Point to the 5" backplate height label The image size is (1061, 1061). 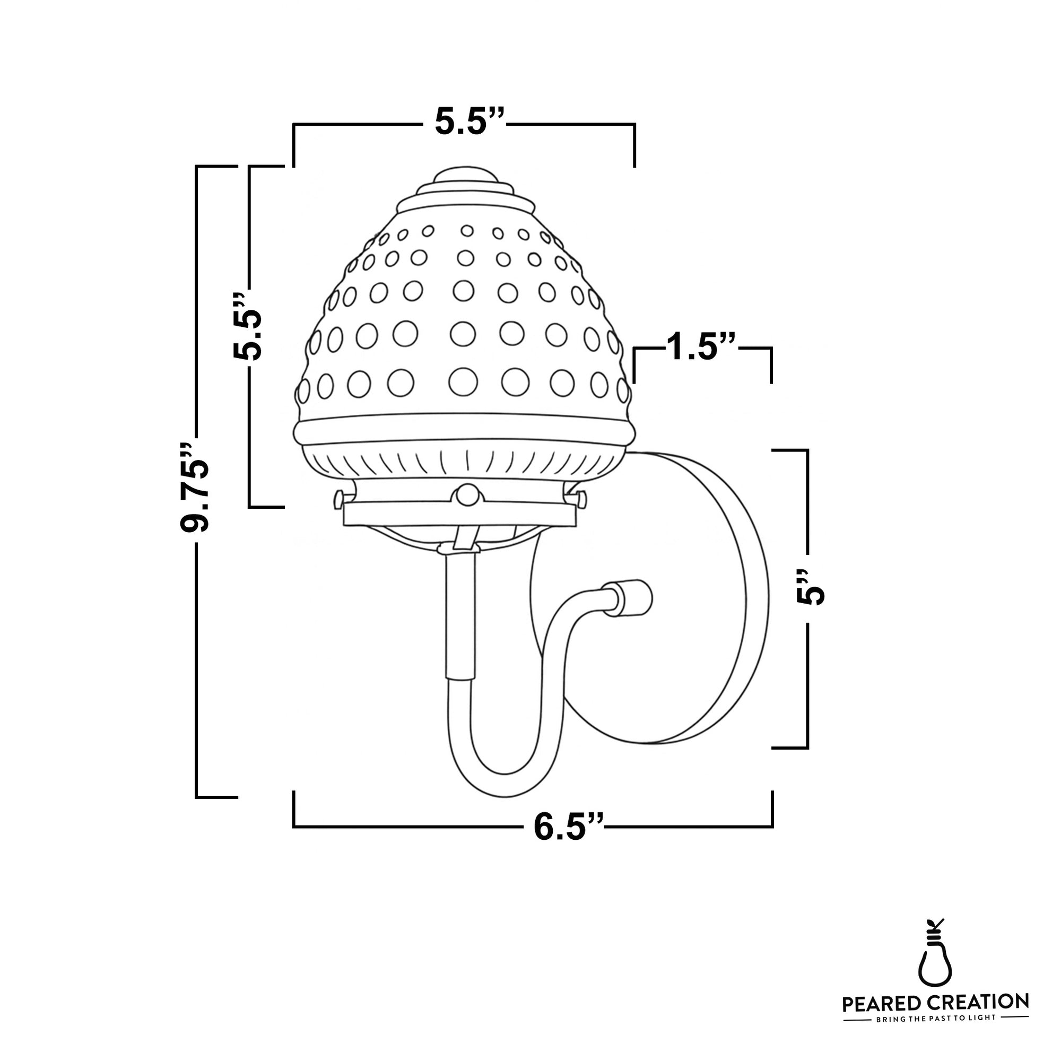click(811, 587)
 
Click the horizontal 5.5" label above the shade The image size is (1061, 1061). click(468, 121)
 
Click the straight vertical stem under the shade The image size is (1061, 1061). click(459, 615)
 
